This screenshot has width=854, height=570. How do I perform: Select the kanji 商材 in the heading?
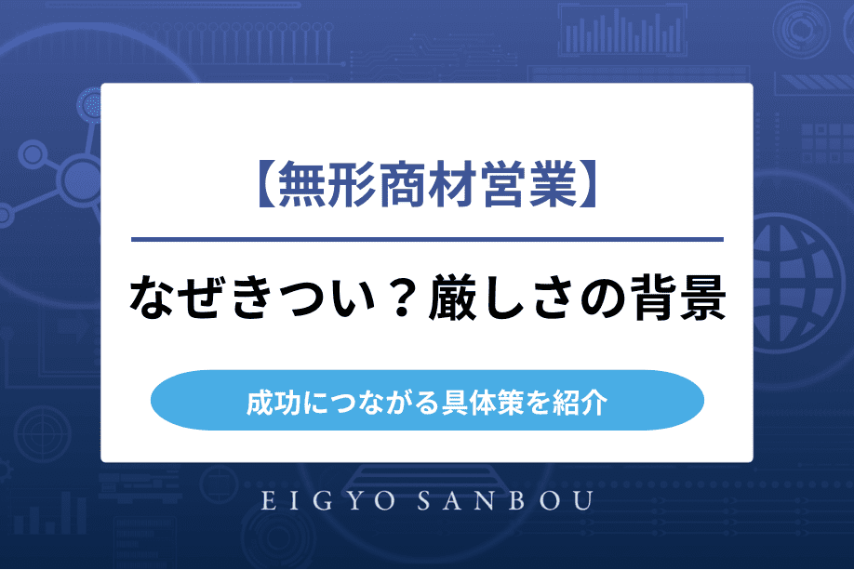point(427,186)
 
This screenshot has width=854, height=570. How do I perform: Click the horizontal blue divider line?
point(427,240)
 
